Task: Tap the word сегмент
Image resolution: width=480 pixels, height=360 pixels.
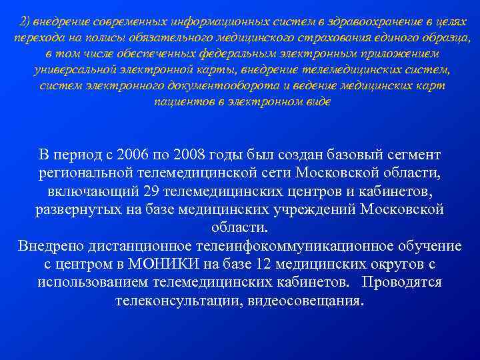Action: tap(414, 155)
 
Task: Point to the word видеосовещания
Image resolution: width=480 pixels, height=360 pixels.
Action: tap(304, 300)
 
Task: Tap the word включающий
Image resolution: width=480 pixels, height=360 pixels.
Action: tap(93, 192)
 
